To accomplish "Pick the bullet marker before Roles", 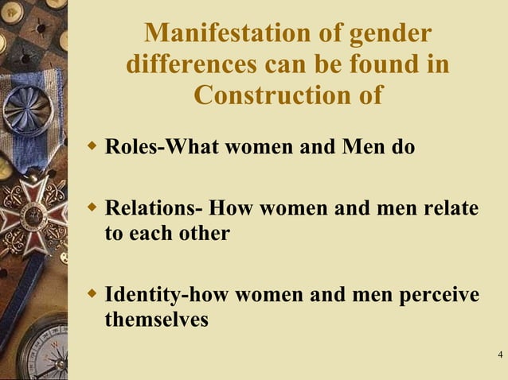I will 92,147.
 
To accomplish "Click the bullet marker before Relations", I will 92,207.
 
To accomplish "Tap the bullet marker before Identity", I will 92,294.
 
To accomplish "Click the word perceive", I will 438,295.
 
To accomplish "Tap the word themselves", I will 156,320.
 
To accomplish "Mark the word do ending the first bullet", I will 404,148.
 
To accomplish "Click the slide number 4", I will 499,354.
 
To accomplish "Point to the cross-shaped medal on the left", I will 30,211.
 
